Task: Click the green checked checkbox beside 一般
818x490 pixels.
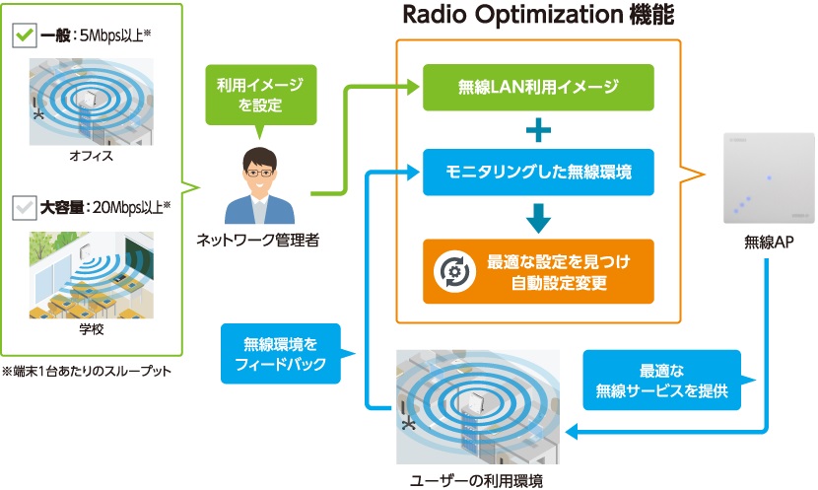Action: [x=23, y=36]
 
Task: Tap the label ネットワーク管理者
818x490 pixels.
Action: [x=260, y=240]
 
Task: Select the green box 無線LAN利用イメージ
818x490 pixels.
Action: [x=538, y=87]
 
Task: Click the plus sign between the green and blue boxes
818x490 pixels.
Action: [x=538, y=129]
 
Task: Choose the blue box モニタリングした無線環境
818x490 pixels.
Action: [x=538, y=171]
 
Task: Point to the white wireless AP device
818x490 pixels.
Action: [x=763, y=176]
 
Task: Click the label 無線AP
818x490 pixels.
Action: [x=763, y=243]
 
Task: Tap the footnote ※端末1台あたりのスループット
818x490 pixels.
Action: [x=86, y=371]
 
